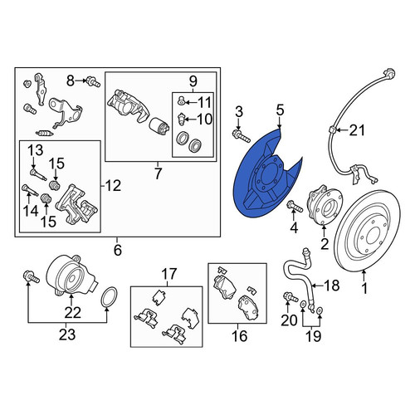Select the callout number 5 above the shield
tap(280, 110)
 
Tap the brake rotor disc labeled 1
tap(368, 231)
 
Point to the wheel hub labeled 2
tap(325, 205)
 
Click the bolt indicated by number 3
tap(242, 135)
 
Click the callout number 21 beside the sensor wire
tap(357, 130)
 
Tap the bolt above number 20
tap(290, 298)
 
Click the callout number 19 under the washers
tap(313, 336)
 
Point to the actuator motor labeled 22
tap(71, 276)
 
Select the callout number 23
tap(67, 334)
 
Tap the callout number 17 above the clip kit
tap(168, 274)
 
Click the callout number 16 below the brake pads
tap(239, 336)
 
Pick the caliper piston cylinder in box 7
tap(159, 129)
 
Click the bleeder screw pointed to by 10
tap(181, 120)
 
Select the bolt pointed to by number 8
tap(93, 82)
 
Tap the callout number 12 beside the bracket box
tap(113, 186)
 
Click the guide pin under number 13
tap(38, 175)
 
